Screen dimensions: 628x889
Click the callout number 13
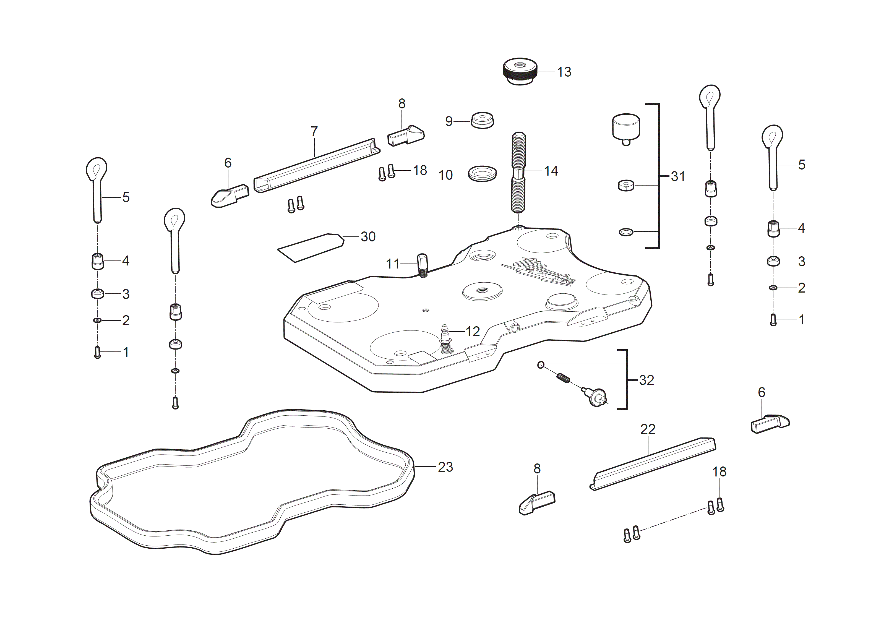[564, 72]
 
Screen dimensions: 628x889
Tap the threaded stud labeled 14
[518, 172]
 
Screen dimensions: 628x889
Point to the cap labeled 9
[482, 120]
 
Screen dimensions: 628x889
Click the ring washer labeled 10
[482, 173]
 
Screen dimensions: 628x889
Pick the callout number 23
[445, 467]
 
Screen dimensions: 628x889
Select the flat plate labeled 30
[311, 248]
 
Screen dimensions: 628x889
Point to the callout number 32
[646, 380]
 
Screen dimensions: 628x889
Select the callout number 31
[677, 176]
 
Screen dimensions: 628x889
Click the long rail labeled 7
[316, 165]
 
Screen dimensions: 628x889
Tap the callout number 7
[314, 132]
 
